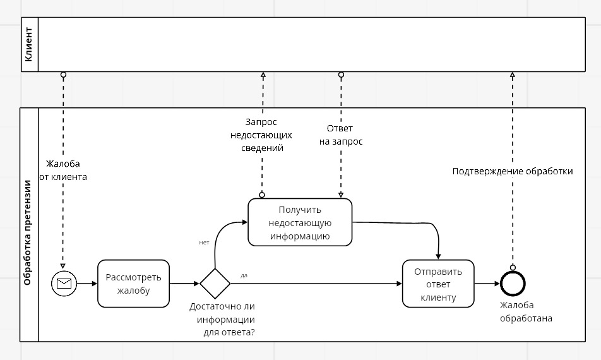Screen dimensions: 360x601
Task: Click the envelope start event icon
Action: (x=64, y=284)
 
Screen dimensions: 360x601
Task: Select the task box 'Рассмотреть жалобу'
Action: (x=134, y=284)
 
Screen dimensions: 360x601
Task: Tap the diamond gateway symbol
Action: (x=215, y=284)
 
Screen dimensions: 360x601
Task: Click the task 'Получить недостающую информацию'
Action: (x=300, y=222)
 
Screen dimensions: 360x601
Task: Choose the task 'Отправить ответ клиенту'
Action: (x=438, y=284)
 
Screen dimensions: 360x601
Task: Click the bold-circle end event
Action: (x=513, y=284)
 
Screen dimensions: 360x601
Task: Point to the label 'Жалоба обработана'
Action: (x=526, y=312)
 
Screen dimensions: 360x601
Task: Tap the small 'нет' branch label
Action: (x=204, y=243)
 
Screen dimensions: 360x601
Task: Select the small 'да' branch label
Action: (x=244, y=275)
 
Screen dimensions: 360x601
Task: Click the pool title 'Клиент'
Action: (x=28, y=44)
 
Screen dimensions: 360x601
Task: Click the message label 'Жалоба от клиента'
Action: (x=63, y=171)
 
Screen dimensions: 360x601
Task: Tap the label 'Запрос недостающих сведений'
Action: (x=262, y=135)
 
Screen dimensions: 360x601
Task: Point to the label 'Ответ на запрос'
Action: (x=341, y=135)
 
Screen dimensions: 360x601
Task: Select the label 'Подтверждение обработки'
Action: (x=513, y=171)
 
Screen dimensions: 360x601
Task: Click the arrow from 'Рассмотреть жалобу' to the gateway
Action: (x=184, y=284)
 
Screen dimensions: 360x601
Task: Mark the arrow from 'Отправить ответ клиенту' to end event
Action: (x=486, y=284)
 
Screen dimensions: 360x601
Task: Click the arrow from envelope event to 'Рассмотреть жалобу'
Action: (x=86, y=284)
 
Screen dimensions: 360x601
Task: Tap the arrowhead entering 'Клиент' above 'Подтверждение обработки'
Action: (x=513, y=75)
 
